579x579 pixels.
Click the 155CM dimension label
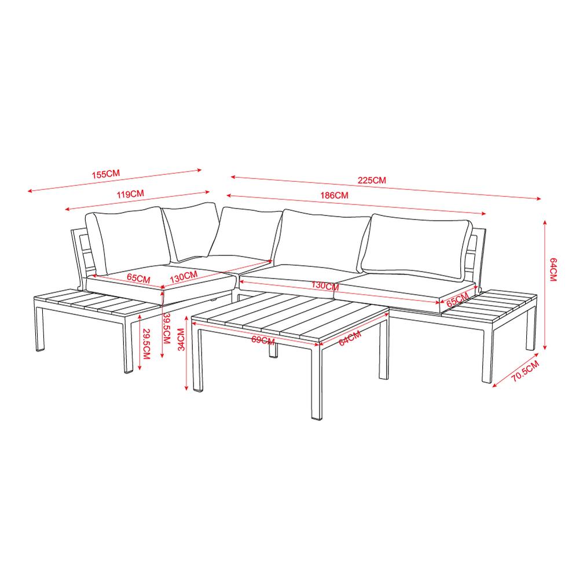(x=106, y=174)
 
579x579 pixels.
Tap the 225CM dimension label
(x=372, y=180)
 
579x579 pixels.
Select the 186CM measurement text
(x=334, y=195)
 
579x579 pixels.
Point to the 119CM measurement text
(x=130, y=194)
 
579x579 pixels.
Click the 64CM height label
(x=553, y=270)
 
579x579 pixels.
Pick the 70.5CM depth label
(x=525, y=371)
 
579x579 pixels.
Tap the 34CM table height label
(x=181, y=340)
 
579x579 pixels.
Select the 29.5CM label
(x=146, y=344)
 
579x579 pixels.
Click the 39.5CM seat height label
(x=167, y=328)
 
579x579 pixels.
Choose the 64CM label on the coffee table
(x=350, y=338)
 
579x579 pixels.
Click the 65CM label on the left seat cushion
(x=138, y=278)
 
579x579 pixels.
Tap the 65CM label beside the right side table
(x=457, y=299)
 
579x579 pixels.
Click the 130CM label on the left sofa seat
(x=184, y=277)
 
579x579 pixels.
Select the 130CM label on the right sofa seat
(x=325, y=285)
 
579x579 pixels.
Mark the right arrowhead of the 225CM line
(x=538, y=199)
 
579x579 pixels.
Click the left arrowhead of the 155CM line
(x=30, y=191)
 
